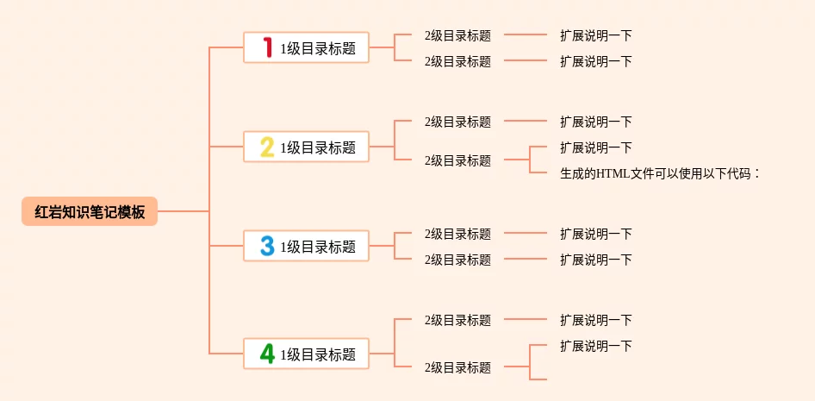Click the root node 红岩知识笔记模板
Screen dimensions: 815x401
(x=90, y=211)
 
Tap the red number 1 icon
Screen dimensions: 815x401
(x=267, y=47)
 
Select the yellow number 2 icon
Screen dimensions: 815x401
(x=267, y=147)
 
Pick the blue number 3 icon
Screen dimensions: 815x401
(x=267, y=246)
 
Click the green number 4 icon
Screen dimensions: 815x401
(x=267, y=354)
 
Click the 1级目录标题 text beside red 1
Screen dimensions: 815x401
(x=318, y=48)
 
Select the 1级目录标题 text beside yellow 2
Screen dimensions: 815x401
(x=318, y=147)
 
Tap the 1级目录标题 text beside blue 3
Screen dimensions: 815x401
(x=318, y=247)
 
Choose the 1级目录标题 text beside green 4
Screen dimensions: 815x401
(x=318, y=354)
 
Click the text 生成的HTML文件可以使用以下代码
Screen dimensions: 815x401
(x=656, y=173)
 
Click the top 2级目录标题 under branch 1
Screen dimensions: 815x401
(x=457, y=35)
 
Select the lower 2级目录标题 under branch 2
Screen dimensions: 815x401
(x=457, y=160)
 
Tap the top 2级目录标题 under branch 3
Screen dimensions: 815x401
(x=457, y=234)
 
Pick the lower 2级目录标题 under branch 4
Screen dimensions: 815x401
(x=457, y=367)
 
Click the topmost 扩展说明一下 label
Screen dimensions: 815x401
(x=595, y=35)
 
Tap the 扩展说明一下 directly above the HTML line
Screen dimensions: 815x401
(x=595, y=147)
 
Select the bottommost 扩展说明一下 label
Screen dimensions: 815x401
(x=595, y=346)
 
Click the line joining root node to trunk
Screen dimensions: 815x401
(x=183, y=211)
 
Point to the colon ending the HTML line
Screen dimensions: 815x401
(x=756, y=174)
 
